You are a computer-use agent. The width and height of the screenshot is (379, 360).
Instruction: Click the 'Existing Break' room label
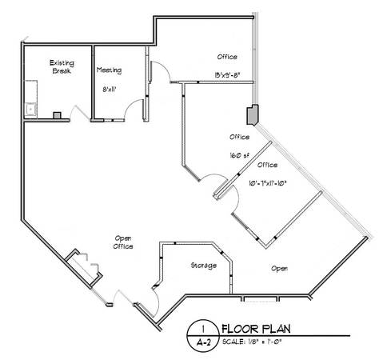(62, 67)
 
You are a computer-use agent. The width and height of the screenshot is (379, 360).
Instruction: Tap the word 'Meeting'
(109, 70)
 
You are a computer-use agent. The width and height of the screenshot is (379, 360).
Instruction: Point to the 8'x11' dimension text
(110, 90)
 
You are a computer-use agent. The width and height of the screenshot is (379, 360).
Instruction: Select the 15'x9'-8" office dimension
(228, 75)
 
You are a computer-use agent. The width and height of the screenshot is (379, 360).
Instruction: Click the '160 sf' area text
(240, 155)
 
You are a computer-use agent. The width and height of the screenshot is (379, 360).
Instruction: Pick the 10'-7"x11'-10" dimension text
(268, 183)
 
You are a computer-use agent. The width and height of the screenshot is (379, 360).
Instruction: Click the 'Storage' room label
(204, 266)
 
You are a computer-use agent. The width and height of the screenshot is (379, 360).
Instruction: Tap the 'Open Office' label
(123, 242)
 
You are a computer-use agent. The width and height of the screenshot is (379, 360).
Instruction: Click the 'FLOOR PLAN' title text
(256, 329)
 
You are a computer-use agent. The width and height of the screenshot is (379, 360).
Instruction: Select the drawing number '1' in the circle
(203, 329)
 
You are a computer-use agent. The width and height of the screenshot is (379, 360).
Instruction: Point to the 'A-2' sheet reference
(203, 342)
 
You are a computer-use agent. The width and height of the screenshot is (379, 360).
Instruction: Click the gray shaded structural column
(253, 114)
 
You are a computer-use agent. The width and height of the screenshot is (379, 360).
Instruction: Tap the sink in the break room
(31, 109)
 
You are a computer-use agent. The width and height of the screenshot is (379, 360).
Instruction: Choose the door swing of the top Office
(163, 69)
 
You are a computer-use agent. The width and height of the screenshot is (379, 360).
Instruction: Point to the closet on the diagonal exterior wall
(84, 268)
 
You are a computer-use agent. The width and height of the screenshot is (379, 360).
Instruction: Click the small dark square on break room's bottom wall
(57, 115)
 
